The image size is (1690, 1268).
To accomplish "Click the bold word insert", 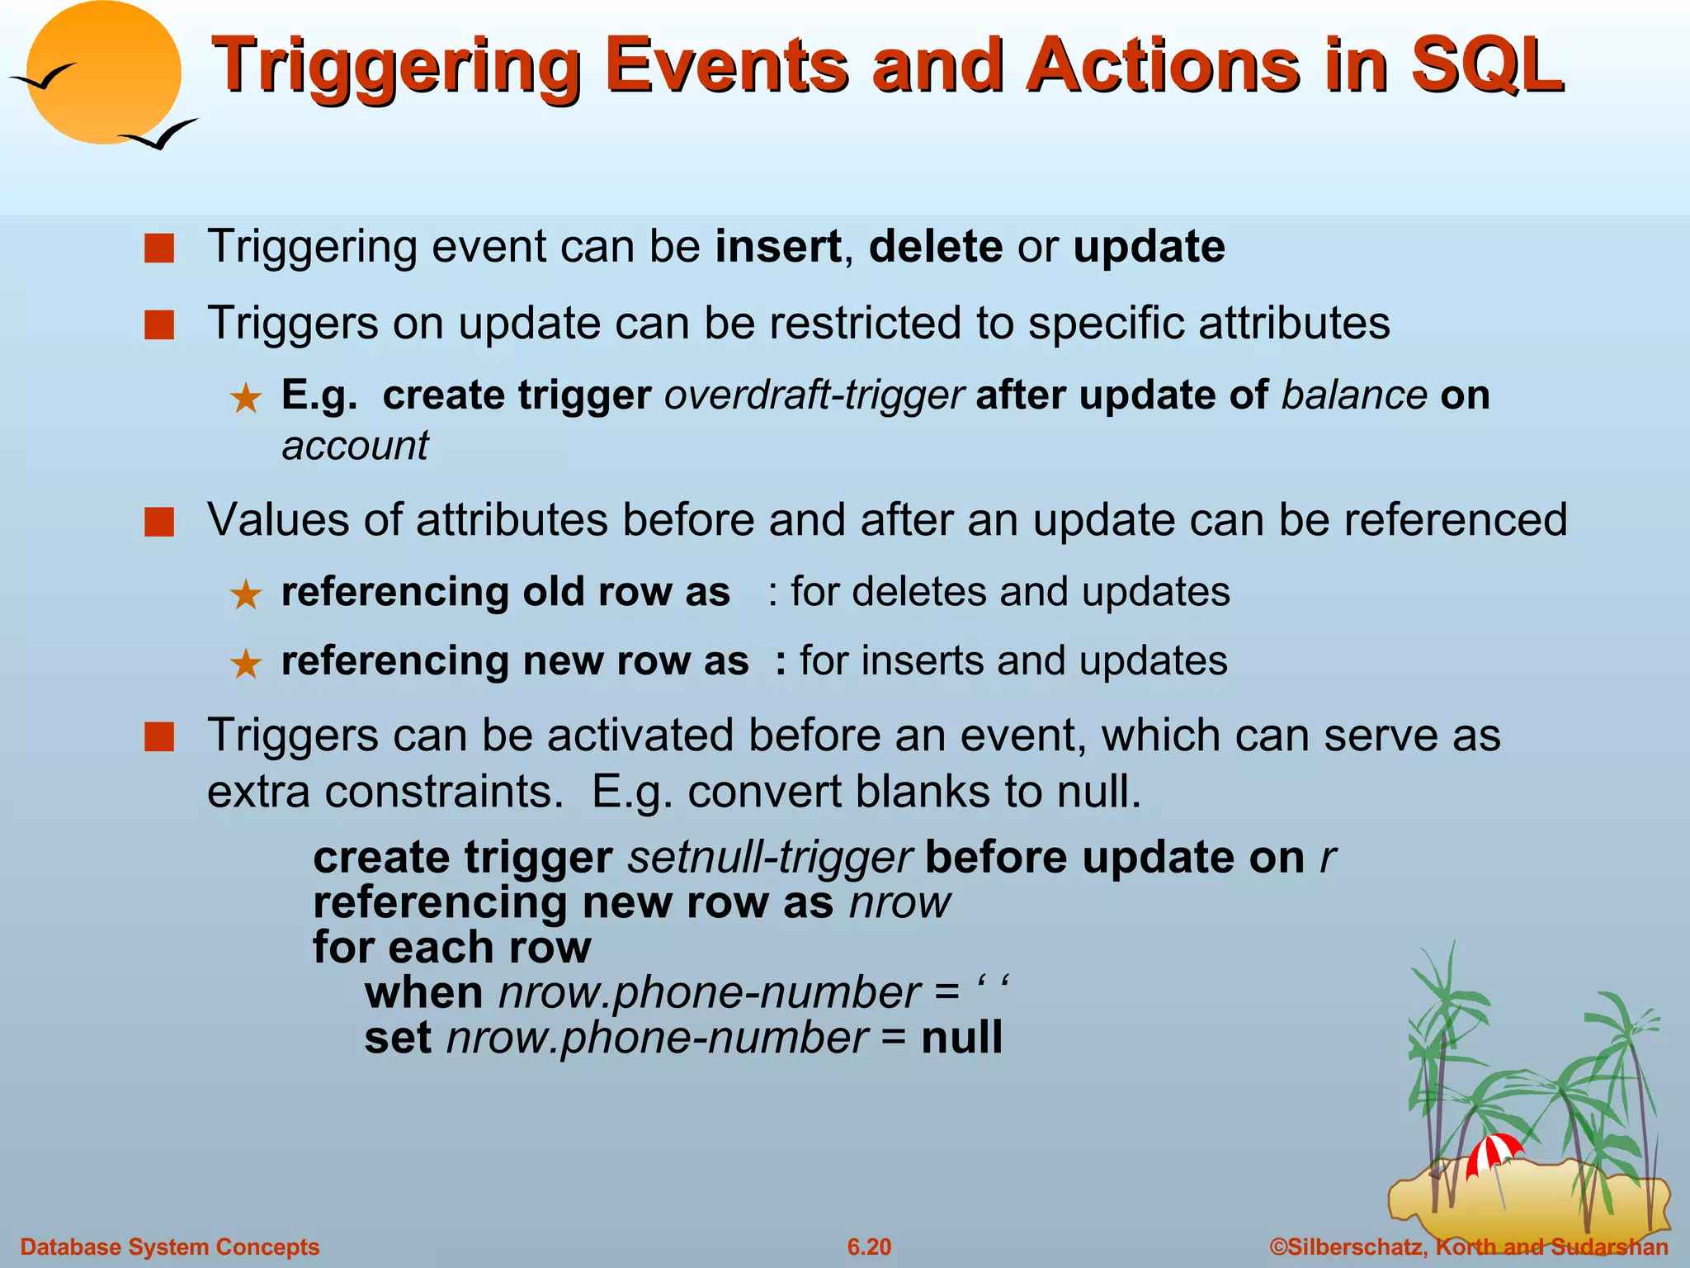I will [777, 247].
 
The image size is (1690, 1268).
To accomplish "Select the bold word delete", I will [936, 247].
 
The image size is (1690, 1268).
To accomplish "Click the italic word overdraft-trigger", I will [814, 395].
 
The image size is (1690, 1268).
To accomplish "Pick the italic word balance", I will [1353, 395].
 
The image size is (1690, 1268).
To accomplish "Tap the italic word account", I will [355, 447].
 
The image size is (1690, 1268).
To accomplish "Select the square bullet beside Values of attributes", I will [159, 523].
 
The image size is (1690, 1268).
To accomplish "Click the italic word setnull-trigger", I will [769, 858].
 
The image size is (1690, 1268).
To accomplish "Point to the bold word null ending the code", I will [961, 1038].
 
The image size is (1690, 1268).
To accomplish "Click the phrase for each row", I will [452, 948].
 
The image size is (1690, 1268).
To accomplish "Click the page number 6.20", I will [869, 1247].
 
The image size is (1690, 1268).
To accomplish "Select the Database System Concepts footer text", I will [169, 1247].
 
